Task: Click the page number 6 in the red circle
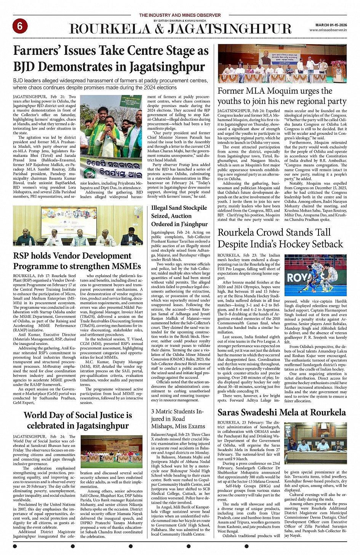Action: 20,26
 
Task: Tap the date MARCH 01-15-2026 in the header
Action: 331,25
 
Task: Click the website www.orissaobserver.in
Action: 328,30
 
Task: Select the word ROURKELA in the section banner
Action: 110,29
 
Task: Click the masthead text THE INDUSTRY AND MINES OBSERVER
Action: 180,15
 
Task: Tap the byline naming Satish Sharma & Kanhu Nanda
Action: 180,21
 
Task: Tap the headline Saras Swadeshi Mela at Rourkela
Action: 282,412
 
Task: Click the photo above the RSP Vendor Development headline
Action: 78,231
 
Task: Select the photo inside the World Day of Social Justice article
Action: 111,452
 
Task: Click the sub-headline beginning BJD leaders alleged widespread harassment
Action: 110,84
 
